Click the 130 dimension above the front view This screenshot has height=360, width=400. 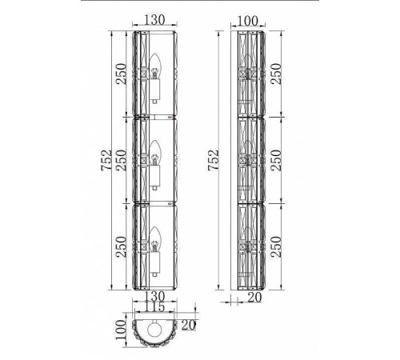tap(154, 20)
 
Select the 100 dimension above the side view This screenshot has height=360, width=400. tap(247, 21)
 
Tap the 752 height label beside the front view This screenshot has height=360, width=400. tap(106, 160)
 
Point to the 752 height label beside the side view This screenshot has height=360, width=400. tap(214, 160)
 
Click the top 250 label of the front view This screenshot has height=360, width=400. tap(121, 74)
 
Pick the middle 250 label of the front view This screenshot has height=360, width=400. tap(121, 160)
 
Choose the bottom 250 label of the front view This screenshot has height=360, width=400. tap(121, 246)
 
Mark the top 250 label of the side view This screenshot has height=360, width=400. tap(276, 74)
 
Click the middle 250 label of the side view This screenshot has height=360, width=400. tap(276, 160)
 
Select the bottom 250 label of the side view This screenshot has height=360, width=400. tap(276, 246)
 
